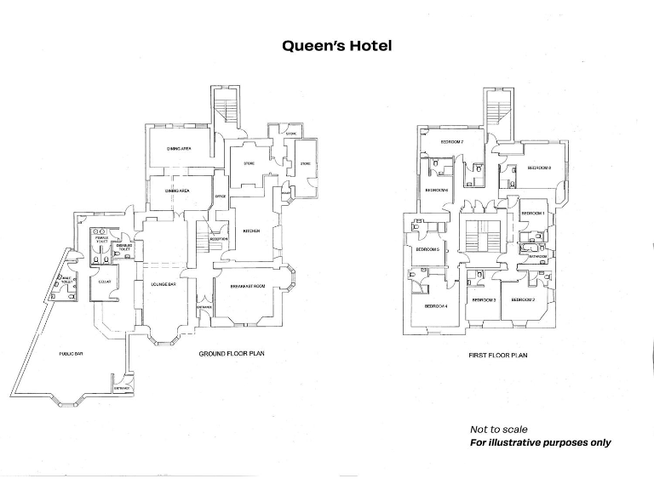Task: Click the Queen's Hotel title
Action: click(x=337, y=46)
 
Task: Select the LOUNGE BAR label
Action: click(x=163, y=284)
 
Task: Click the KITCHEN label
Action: click(x=250, y=231)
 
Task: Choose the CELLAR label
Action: click(x=106, y=282)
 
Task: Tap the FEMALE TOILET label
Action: click(x=102, y=241)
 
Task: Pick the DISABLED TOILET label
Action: click(x=124, y=248)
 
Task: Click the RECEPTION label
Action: click(x=219, y=239)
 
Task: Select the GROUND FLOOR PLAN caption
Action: click(x=232, y=353)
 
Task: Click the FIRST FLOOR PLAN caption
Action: click(x=498, y=355)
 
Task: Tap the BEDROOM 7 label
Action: click(x=452, y=141)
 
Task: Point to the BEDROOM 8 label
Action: click(x=540, y=168)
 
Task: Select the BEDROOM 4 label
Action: click(x=436, y=305)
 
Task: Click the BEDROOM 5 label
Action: click(x=427, y=249)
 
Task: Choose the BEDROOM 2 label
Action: click(x=523, y=299)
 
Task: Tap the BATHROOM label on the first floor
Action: click(x=537, y=255)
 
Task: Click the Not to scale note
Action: click(x=498, y=430)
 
